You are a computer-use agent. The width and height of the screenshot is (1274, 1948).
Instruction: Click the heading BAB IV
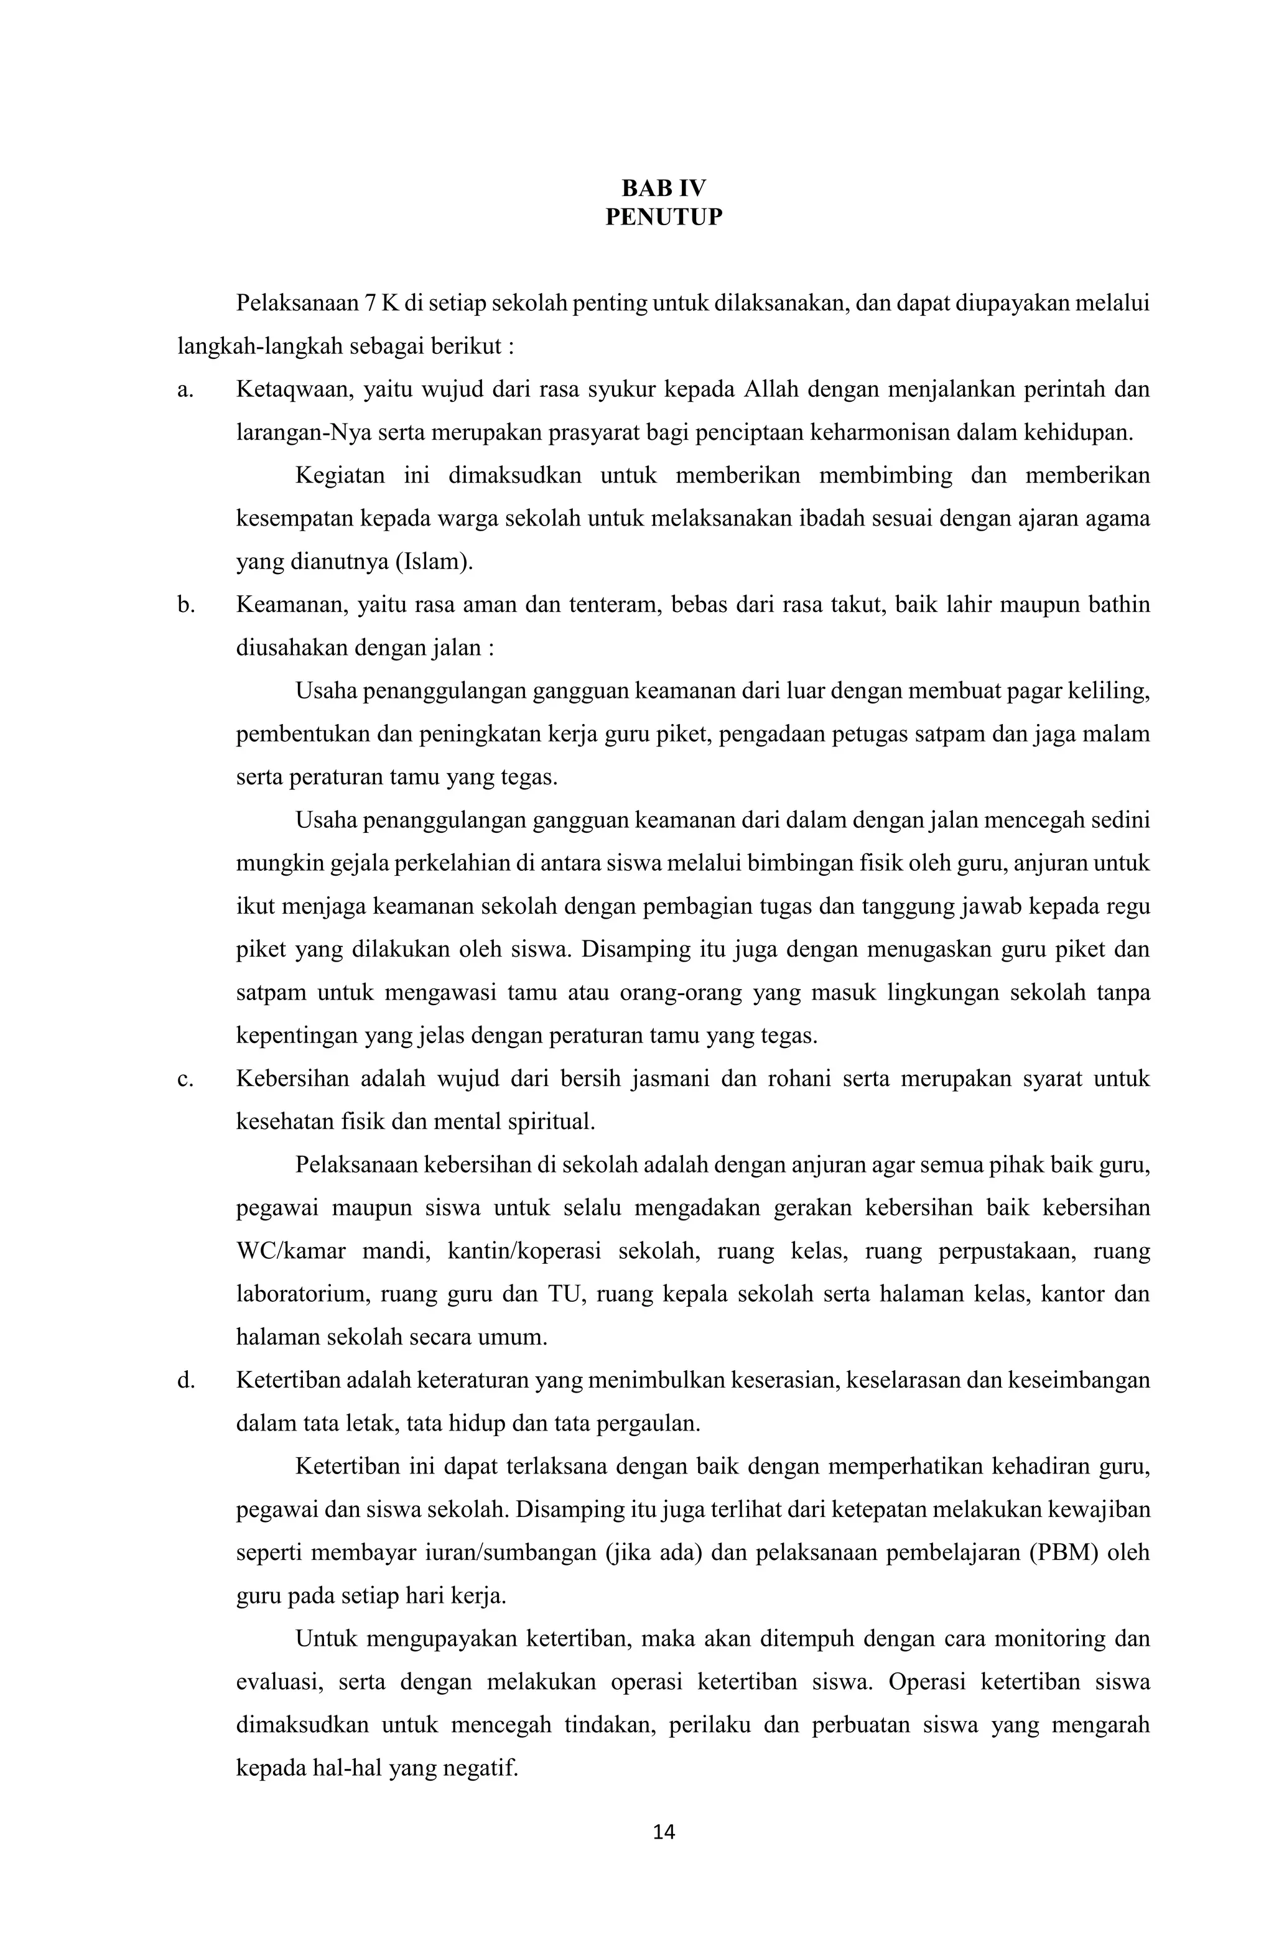click(663, 188)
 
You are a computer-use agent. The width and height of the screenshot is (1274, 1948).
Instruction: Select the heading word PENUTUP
click(663, 218)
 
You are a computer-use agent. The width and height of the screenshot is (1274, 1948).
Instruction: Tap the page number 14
click(663, 1832)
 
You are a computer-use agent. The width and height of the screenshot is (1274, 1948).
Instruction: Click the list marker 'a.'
click(185, 389)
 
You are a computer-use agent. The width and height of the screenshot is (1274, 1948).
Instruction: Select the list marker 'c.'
click(185, 1078)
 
